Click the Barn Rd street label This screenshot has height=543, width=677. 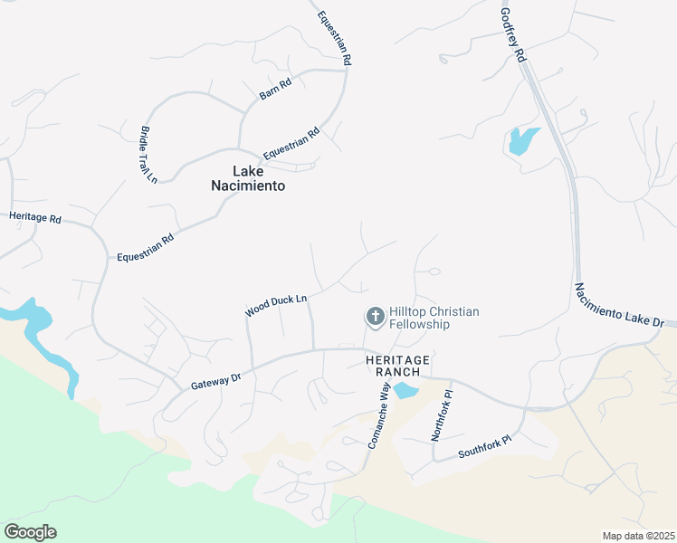275,89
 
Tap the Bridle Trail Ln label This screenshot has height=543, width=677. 148,155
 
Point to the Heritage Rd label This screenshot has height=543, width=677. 34,218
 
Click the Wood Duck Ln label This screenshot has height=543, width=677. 276,305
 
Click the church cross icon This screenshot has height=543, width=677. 374,317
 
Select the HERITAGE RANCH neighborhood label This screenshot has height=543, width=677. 397,366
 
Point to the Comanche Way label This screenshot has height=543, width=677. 378,415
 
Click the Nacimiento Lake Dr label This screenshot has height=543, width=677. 619,304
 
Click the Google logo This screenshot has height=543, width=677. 30,532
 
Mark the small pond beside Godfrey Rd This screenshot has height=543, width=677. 522,140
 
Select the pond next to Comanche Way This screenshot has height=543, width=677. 405,390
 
